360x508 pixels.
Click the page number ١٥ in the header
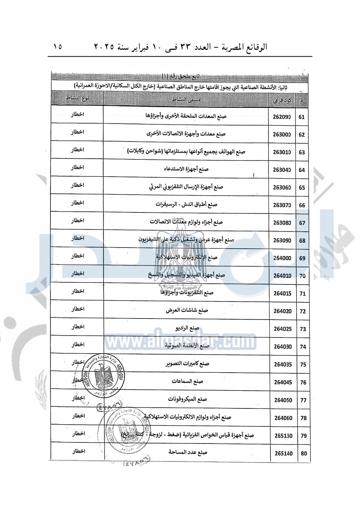click(57, 47)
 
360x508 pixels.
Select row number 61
click(301, 117)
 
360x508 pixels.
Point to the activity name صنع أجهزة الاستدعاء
click(186, 169)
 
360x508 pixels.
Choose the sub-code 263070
click(282, 205)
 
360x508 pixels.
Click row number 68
click(302, 241)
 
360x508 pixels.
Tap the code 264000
click(282, 258)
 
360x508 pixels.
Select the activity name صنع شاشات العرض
click(187, 311)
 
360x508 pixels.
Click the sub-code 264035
click(283, 365)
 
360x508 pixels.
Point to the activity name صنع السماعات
click(187, 382)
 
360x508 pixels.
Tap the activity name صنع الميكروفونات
click(188, 399)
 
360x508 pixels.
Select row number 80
click(304, 454)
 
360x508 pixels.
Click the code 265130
click(284, 436)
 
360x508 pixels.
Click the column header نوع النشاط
click(77, 99)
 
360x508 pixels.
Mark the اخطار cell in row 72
click(77, 309)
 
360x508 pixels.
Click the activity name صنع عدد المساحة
click(188, 452)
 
